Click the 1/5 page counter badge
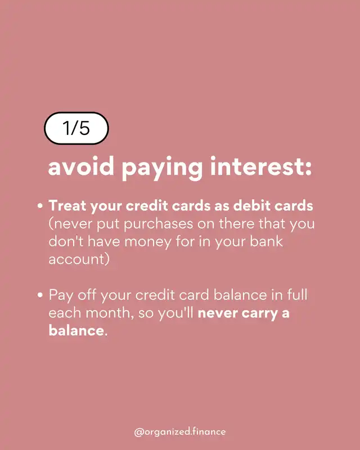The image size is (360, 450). click(76, 128)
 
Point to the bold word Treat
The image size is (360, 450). click(67, 206)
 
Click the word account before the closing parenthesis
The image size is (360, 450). click(76, 259)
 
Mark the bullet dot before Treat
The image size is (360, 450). click(40, 206)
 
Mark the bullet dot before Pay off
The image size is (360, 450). click(40, 295)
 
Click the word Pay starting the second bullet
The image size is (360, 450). click(61, 296)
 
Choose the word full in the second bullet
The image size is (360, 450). click(298, 295)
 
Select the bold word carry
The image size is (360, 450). click(260, 314)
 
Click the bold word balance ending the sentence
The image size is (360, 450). click(76, 330)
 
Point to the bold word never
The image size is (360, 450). click(218, 313)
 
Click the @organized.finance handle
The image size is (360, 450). click(180, 431)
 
